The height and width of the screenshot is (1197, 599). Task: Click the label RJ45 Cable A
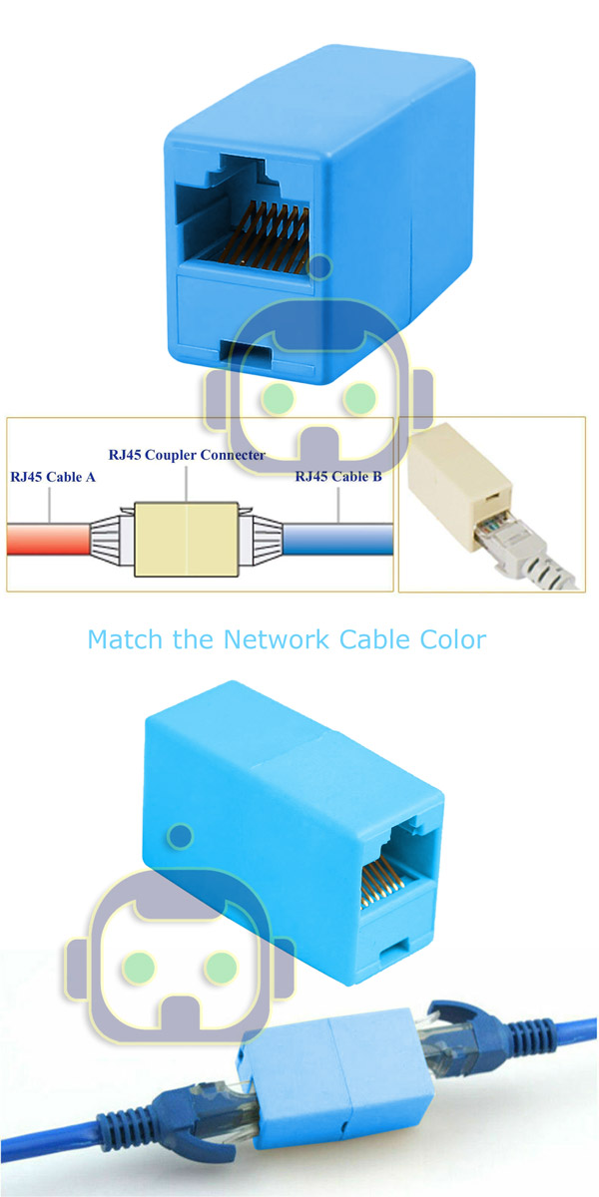(53, 477)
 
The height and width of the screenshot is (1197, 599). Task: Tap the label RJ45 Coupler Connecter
(187, 455)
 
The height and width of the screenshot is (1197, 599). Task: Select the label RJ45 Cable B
(338, 476)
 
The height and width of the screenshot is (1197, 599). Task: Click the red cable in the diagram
(48, 539)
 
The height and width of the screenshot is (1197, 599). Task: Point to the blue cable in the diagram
(338, 539)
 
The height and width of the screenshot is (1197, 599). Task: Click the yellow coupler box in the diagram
(186, 539)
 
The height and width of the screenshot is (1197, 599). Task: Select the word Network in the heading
(276, 639)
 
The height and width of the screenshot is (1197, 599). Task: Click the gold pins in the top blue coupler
(272, 236)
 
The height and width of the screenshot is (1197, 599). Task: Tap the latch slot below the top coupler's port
(247, 355)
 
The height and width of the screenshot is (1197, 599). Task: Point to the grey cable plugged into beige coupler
(535, 556)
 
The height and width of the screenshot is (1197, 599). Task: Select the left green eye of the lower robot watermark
(139, 968)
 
